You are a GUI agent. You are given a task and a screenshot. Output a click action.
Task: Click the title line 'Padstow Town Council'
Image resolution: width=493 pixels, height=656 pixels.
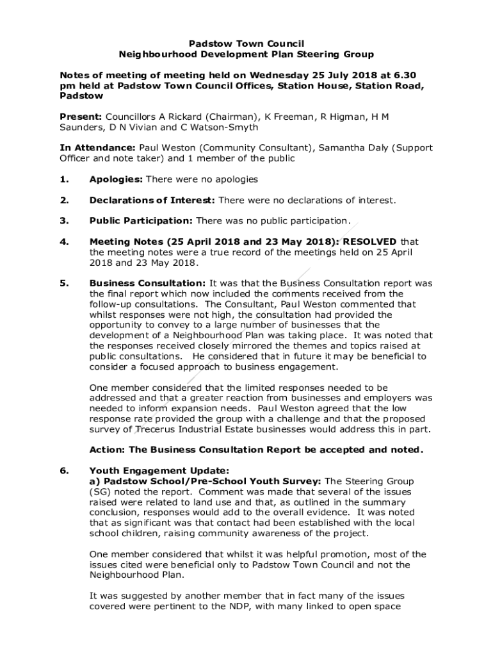pyautogui.click(x=247, y=44)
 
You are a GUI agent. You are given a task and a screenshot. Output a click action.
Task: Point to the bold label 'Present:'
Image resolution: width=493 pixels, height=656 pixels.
pyautogui.click(x=81, y=117)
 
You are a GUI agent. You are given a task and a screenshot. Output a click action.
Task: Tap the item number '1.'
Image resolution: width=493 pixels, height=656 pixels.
pyautogui.click(x=64, y=179)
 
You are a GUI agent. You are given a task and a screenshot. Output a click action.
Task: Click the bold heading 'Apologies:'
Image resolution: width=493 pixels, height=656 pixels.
pyautogui.click(x=117, y=179)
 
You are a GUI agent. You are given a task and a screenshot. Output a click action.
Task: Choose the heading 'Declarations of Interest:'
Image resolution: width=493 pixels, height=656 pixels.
pyautogui.click(x=152, y=201)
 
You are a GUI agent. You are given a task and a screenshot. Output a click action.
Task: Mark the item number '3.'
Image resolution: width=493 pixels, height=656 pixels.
pyautogui.click(x=64, y=221)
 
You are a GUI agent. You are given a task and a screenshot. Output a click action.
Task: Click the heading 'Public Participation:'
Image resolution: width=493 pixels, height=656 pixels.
pyautogui.click(x=141, y=221)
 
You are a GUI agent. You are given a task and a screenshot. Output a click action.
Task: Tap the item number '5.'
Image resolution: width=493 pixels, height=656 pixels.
pyautogui.click(x=64, y=283)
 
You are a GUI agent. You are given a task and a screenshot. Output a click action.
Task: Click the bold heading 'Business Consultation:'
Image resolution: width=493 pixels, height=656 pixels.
pyautogui.click(x=148, y=283)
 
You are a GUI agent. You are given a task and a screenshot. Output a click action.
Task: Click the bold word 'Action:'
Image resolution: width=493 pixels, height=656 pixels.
pyautogui.click(x=106, y=450)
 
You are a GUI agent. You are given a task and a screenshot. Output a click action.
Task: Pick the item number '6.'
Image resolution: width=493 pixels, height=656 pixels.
pyautogui.click(x=64, y=471)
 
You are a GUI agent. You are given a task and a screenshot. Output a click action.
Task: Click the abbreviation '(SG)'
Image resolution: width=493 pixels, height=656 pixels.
pyautogui.click(x=101, y=491)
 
